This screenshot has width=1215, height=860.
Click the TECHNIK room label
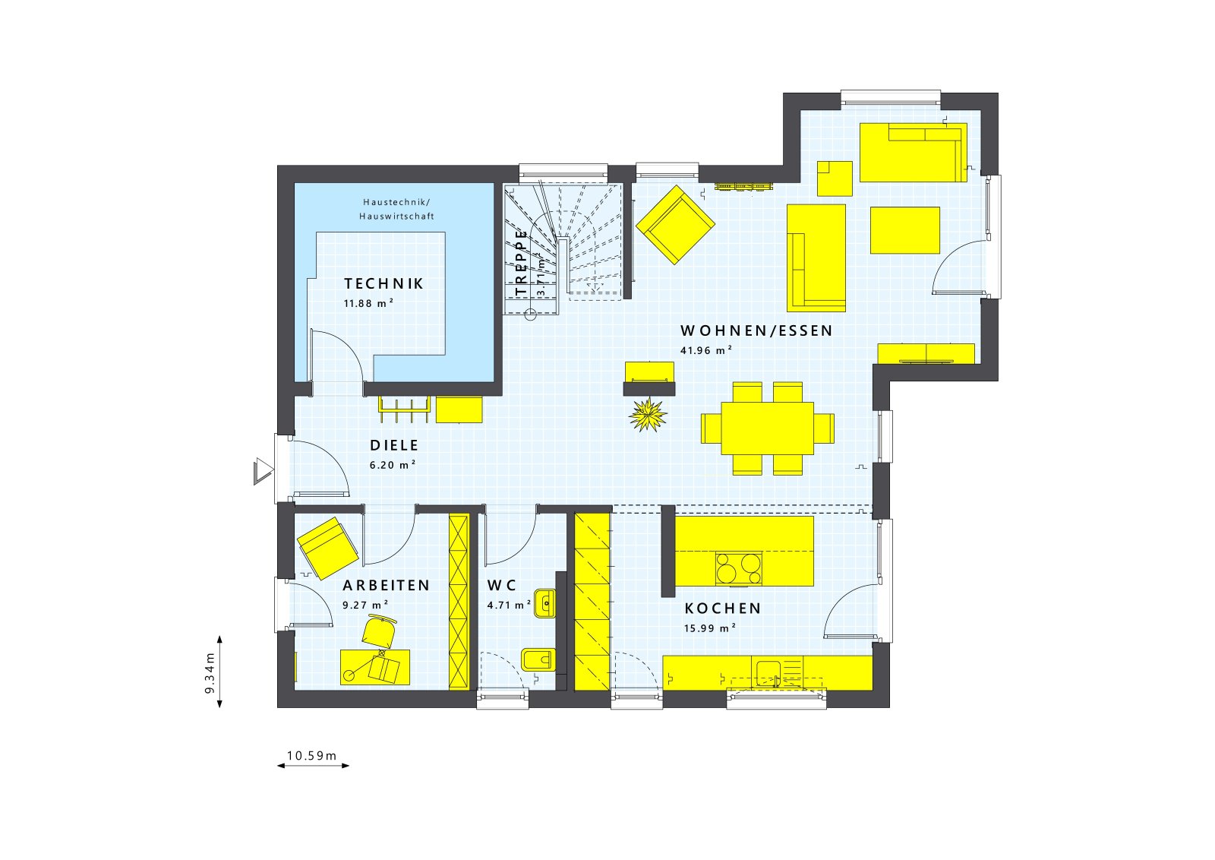(x=383, y=284)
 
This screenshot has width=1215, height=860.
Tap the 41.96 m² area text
(x=705, y=350)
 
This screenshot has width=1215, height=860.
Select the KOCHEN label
(x=722, y=609)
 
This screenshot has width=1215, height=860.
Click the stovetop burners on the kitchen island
(x=738, y=569)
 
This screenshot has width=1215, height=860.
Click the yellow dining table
(x=767, y=428)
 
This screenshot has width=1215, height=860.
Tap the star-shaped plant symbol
(x=648, y=415)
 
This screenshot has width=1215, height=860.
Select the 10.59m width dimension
(x=312, y=756)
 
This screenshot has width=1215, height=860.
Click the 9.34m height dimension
(x=210, y=672)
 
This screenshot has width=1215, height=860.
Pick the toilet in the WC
(x=536, y=659)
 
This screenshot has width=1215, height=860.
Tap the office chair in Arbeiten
(x=379, y=631)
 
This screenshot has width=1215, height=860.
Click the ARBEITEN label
(x=386, y=586)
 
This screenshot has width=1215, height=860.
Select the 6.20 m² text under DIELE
(x=392, y=465)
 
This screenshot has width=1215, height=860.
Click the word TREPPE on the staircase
(x=521, y=262)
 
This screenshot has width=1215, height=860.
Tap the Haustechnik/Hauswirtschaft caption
(x=396, y=209)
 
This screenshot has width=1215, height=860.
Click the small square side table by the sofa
(x=835, y=178)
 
